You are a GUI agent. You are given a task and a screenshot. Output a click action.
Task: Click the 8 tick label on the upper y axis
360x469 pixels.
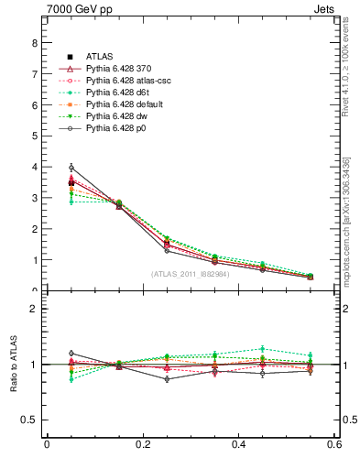click(x=34, y=42)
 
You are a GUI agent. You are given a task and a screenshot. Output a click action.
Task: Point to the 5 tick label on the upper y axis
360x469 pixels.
click(x=34, y=136)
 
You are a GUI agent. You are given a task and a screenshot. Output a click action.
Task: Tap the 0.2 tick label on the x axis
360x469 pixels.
click(x=142, y=445)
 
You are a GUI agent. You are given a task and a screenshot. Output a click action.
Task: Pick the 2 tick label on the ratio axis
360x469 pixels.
click(x=34, y=309)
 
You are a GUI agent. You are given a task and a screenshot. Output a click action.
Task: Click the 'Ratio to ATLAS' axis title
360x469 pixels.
click(x=13, y=364)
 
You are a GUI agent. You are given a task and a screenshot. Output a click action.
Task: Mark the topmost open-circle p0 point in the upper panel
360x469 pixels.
click(x=46, y=168)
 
